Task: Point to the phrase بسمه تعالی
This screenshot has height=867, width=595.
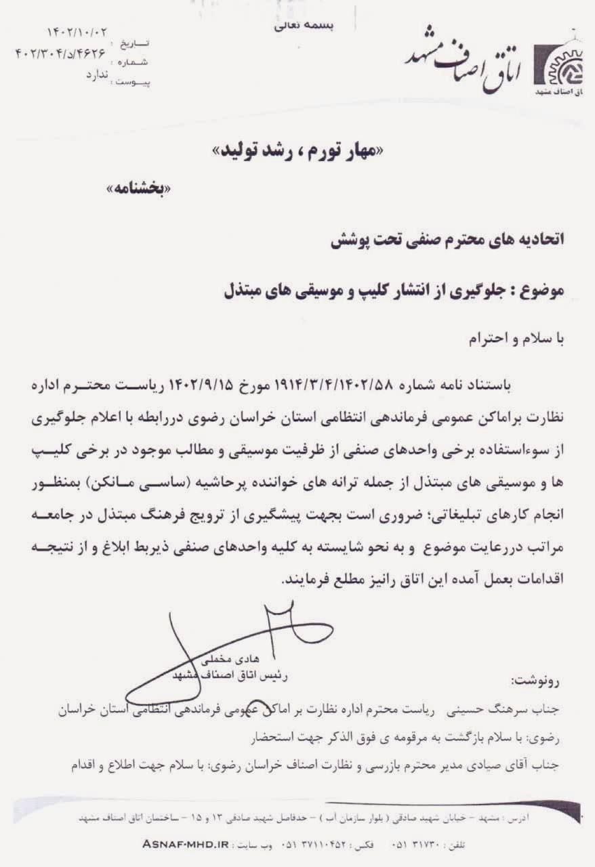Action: coord(304,26)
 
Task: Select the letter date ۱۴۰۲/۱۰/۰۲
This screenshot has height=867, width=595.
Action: coord(76,33)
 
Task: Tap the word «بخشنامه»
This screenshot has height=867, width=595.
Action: coord(140,190)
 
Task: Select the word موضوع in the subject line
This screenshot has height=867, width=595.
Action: coord(542,291)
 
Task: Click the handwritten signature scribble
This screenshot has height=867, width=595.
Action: coord(197,643)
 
